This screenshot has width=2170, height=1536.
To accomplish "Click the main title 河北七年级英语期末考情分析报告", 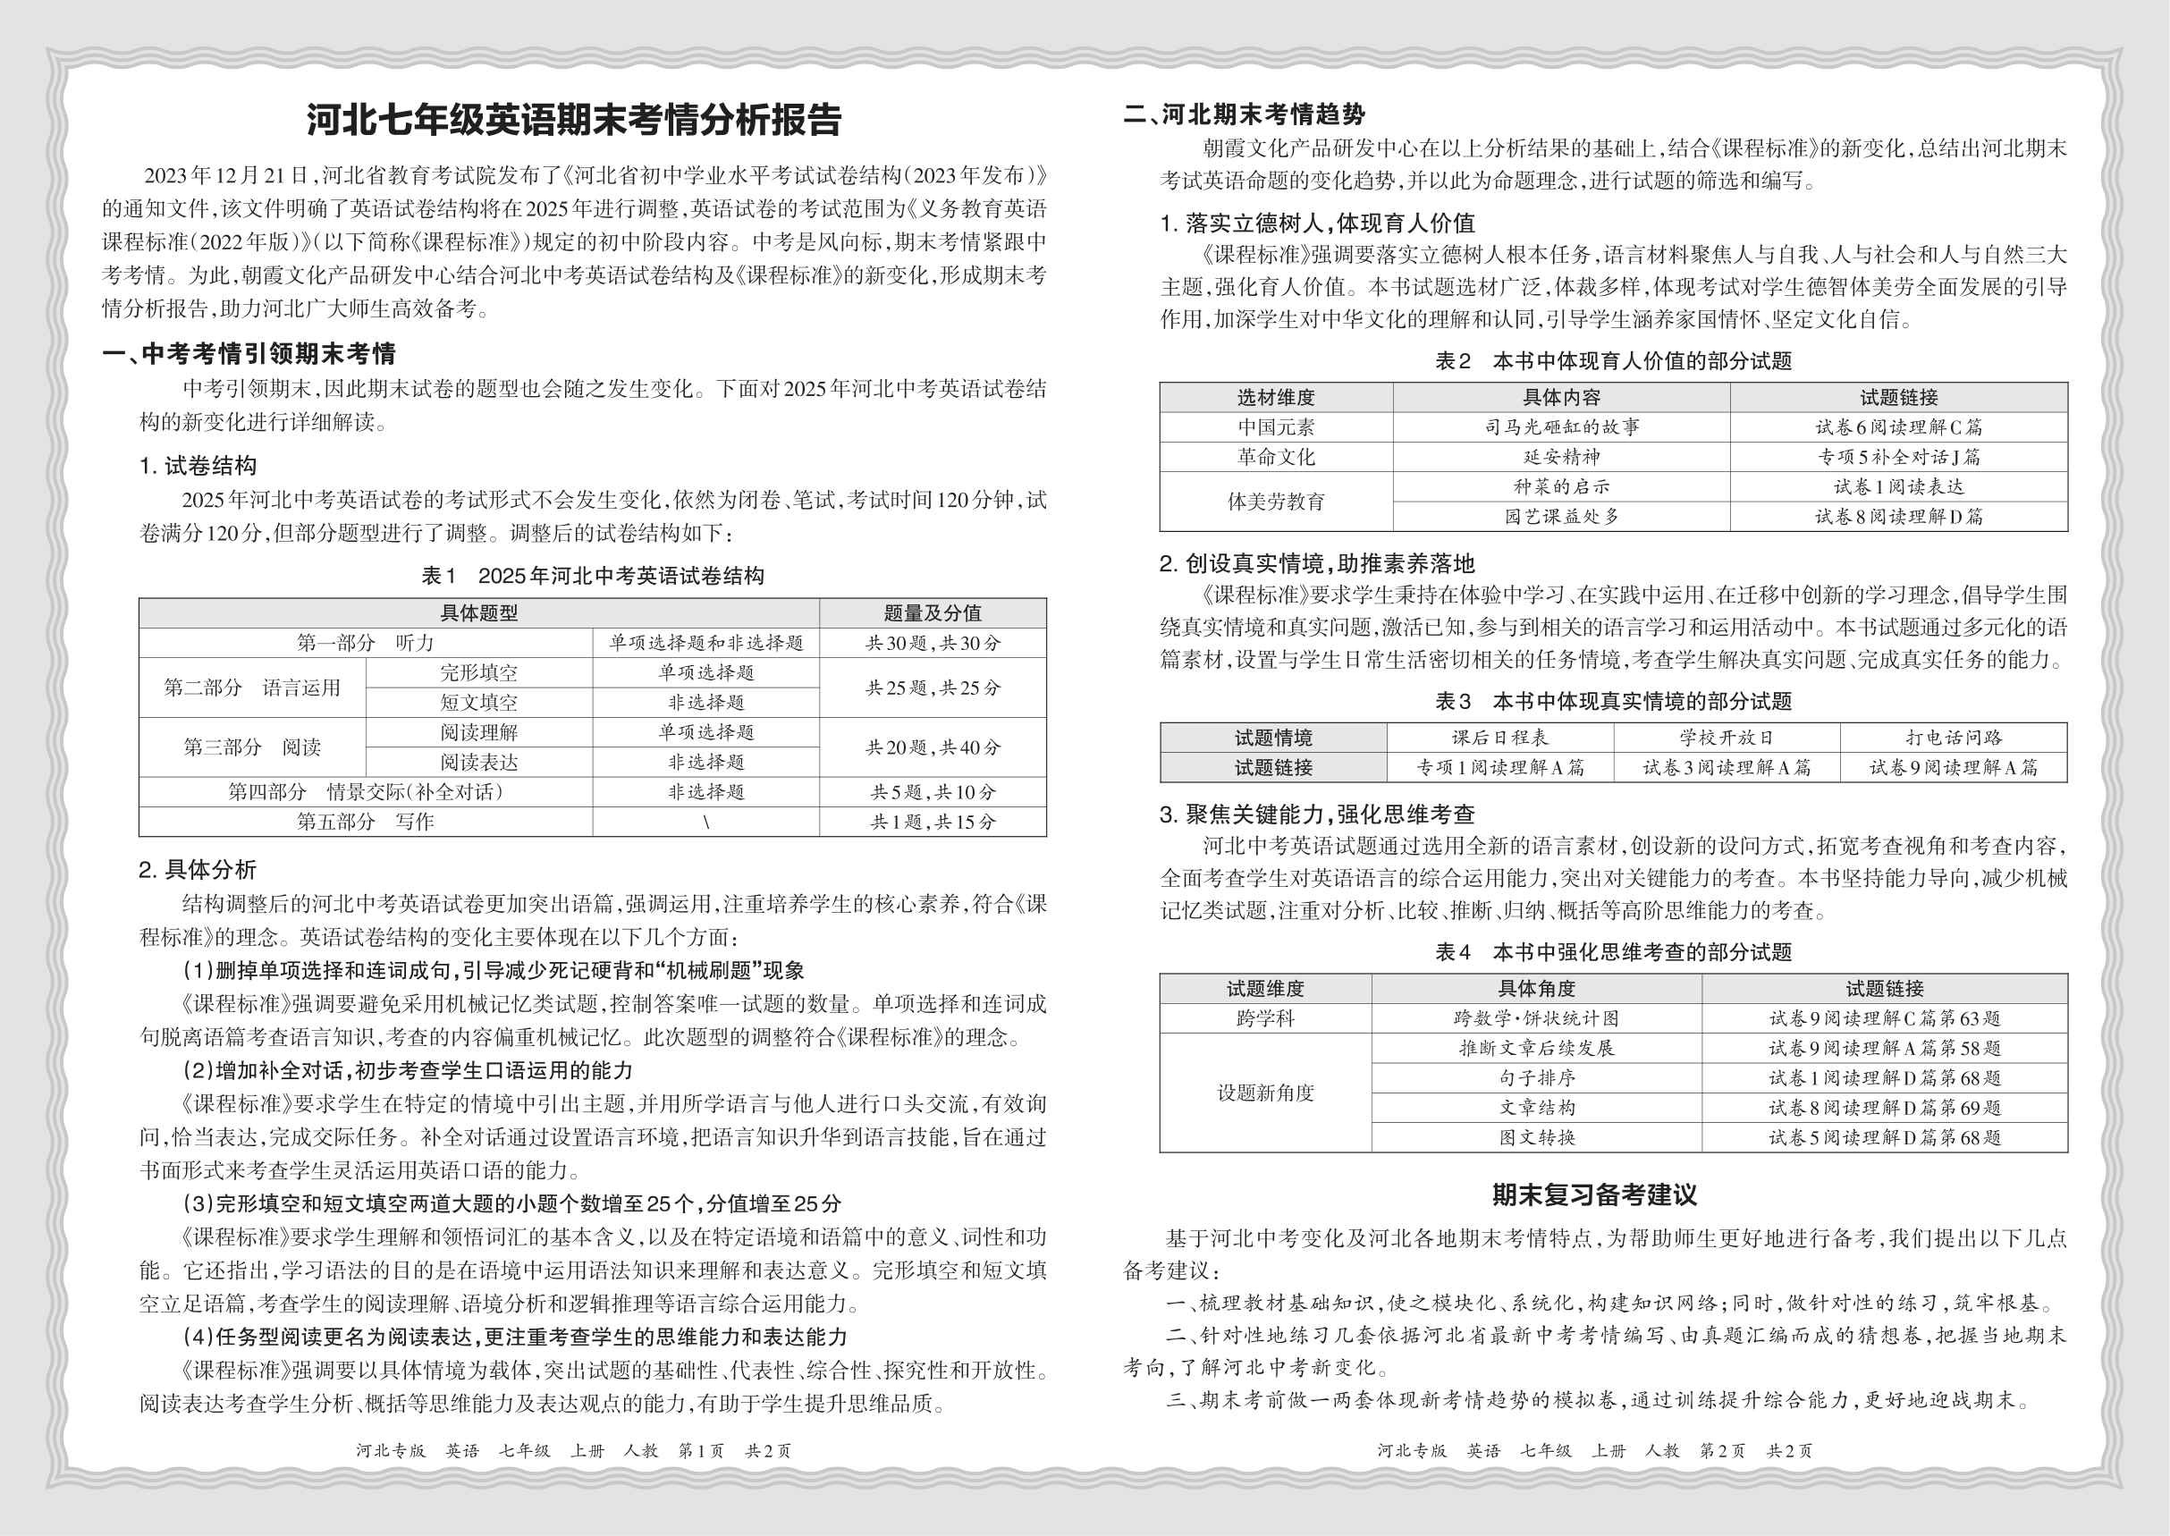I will pos(573,120).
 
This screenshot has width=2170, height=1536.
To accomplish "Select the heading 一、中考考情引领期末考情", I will pos(249,355).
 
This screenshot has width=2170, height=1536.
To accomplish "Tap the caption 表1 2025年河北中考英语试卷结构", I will pos(592,576).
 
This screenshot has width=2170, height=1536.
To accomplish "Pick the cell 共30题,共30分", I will pos(932,643).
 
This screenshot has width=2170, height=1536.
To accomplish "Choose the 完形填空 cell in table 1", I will pos(478,672).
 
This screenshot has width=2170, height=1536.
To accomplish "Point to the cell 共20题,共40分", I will pos(932,747).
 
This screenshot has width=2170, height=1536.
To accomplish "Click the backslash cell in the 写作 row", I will pos(705,822).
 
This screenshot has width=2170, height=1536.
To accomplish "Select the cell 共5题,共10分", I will pos(932,791).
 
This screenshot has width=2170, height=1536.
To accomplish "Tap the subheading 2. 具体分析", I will pos(198,870).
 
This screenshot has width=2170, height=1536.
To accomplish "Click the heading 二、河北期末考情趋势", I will pos(1244,115).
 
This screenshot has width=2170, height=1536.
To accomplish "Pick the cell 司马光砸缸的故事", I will pos(1561,427).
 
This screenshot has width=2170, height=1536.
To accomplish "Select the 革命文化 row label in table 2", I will pos(1275,457).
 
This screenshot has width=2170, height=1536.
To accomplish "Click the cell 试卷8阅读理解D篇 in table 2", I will pos(1897,517).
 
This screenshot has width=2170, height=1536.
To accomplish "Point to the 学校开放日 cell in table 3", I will pos(1727,738).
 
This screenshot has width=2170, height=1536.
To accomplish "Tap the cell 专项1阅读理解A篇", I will pos(1499,768).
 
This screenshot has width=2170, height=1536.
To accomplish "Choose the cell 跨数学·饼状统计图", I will pos(1536,1018).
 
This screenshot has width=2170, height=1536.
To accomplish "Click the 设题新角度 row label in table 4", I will pos(1265,1093).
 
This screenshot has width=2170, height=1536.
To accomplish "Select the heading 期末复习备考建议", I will pos(1594,1195).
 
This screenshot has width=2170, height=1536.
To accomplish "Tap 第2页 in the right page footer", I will pos(1722,1451).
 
